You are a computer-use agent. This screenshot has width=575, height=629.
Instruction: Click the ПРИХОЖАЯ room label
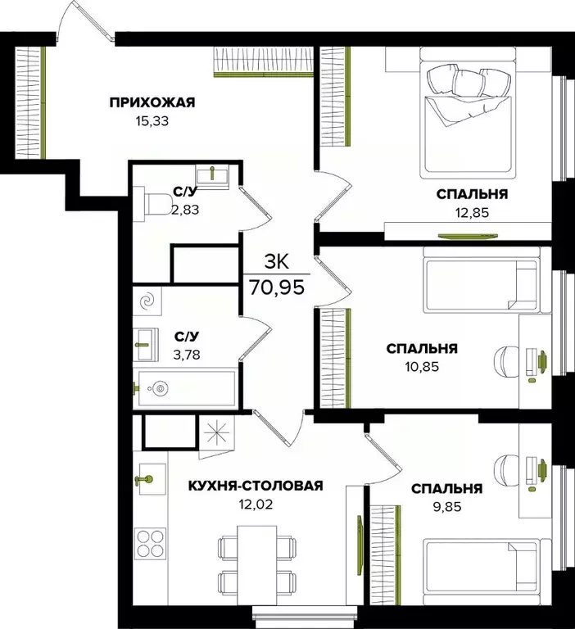click(152, 102)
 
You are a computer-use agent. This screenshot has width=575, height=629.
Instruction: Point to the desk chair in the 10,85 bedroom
click(507, 360)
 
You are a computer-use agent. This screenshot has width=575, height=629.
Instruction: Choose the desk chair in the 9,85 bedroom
click(508, 473)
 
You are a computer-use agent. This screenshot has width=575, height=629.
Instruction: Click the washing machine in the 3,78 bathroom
click(149, 302)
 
